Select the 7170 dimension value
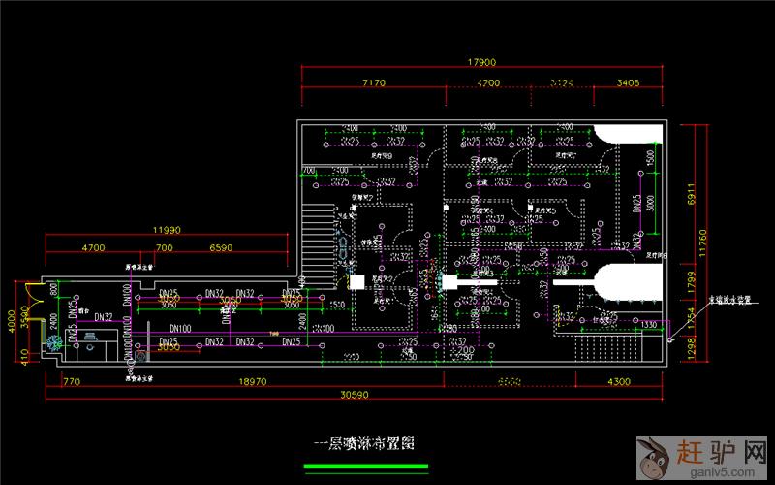click(373, 83)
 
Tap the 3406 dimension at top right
click(628, 83)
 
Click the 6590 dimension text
click(221, 248)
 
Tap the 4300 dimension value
click(618, 382)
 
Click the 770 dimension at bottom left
click(70, 382)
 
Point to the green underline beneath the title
click(365, 467)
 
